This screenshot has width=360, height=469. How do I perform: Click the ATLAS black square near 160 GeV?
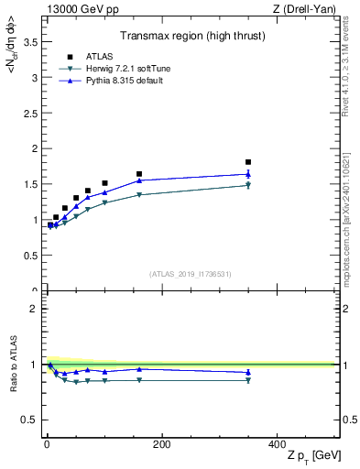[x=139, y=174]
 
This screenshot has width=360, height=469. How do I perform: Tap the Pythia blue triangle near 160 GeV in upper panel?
[x=139, y=180]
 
